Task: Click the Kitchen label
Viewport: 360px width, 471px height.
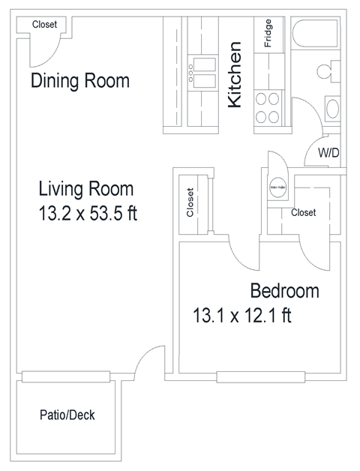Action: [x=235, y=76]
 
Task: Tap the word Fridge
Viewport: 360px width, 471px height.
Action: [x=268, y=33]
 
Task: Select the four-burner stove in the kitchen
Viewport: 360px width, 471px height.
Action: [x=266, y=107]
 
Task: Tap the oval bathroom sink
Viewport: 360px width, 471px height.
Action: [x=333, y=110]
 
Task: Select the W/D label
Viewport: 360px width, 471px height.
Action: [x=328, y=153]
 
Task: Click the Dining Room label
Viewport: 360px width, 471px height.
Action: [x=80, y=80]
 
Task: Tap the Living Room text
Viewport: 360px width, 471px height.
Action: [x=85, y=188]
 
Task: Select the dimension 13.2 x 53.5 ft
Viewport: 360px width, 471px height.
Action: [x=88, y=214]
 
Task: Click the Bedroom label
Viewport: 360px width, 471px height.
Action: [x=284, y=291]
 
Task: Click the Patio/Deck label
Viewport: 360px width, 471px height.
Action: [x=67, y=415]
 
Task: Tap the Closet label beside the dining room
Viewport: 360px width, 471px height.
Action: [x=45, y=24]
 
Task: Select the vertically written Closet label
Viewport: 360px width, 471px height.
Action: [x=190, y=202]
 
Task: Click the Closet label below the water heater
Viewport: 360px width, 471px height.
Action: [x=303, y=212]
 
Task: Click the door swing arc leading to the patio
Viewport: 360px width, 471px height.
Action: [x=149, y=360]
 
